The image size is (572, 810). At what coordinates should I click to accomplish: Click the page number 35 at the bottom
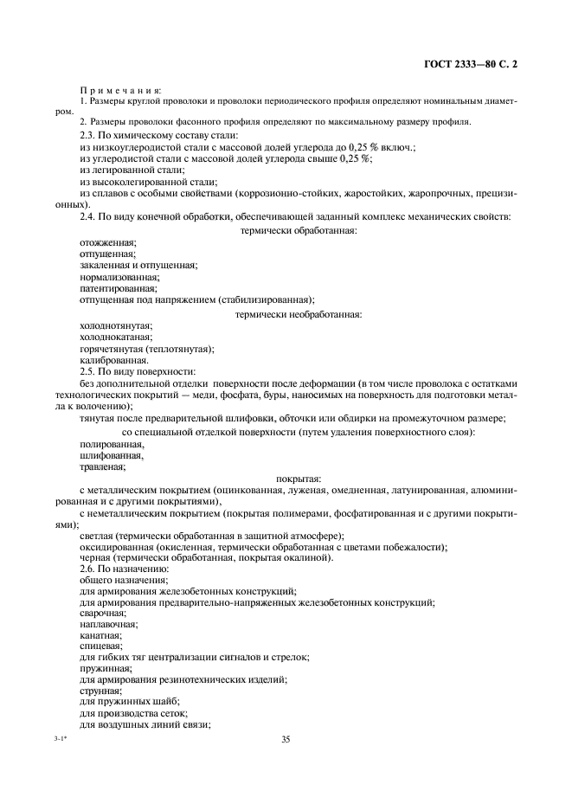coord(286,740)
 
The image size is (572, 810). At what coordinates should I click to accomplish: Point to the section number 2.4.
coord(89,216)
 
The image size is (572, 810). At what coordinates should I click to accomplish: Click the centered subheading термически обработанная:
coord(299,230)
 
